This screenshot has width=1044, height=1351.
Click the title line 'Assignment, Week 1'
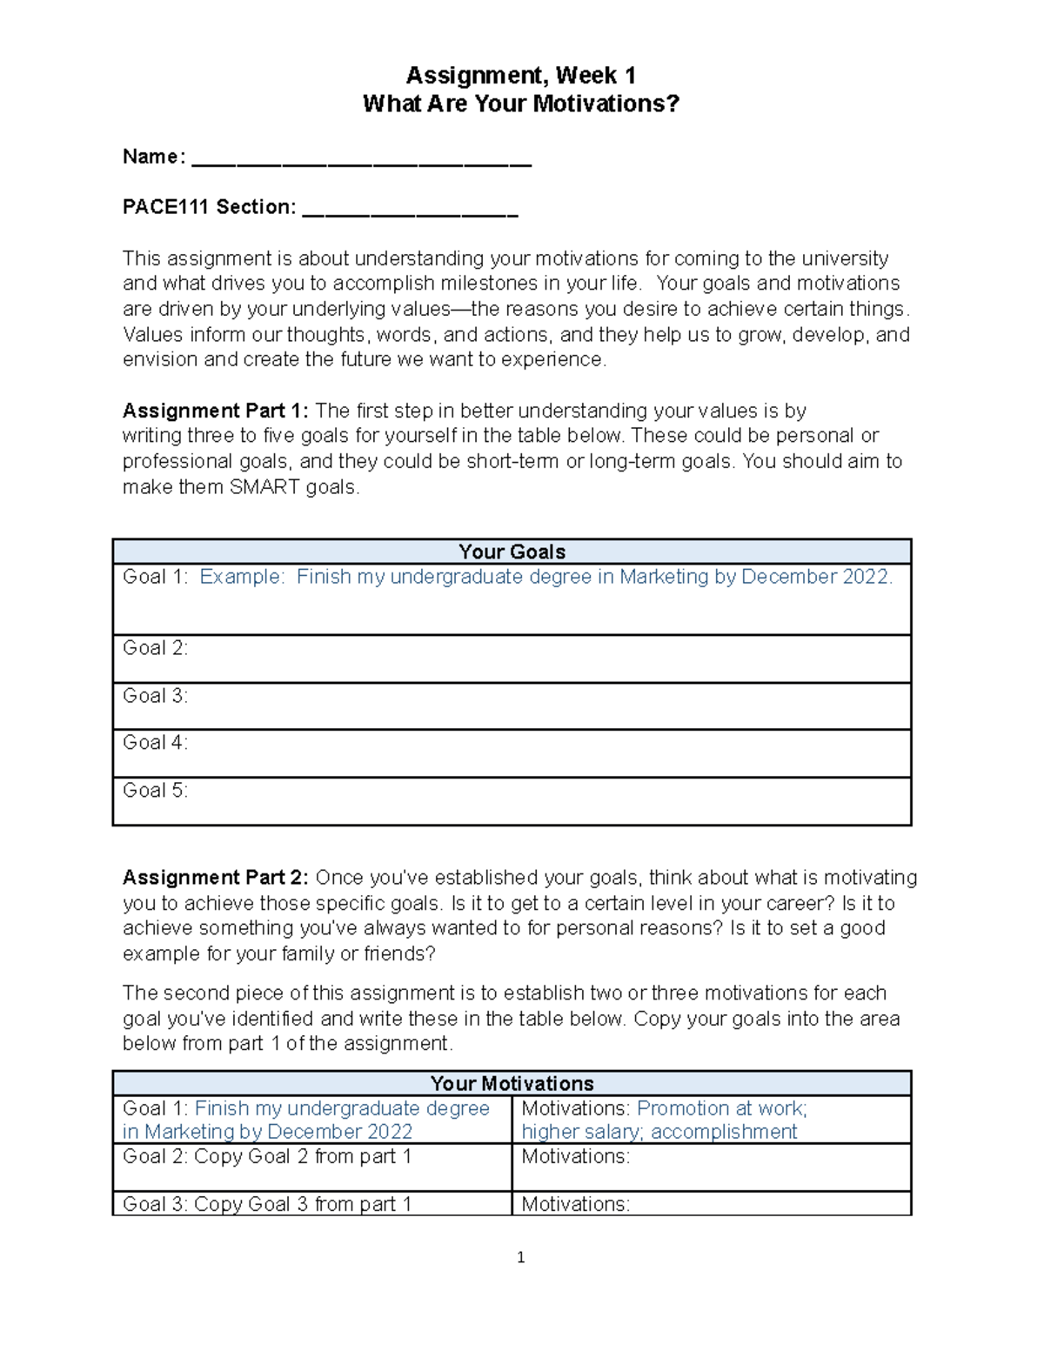520,76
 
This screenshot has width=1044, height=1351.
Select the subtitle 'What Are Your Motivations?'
520,104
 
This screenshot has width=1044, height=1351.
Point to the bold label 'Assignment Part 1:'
215,411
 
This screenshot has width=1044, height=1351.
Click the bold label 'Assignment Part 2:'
215,877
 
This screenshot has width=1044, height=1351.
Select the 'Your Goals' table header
512,552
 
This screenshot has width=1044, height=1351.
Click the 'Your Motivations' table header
512,1083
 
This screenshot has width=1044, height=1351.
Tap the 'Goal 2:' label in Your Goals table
155,648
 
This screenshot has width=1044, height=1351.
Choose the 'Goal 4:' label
155,743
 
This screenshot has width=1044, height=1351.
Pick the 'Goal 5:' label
155,791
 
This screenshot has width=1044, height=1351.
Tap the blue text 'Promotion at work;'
722,1108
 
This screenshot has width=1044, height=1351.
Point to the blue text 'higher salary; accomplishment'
659,1132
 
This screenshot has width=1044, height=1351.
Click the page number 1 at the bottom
520,1257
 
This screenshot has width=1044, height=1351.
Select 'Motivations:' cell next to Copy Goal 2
575,1157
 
